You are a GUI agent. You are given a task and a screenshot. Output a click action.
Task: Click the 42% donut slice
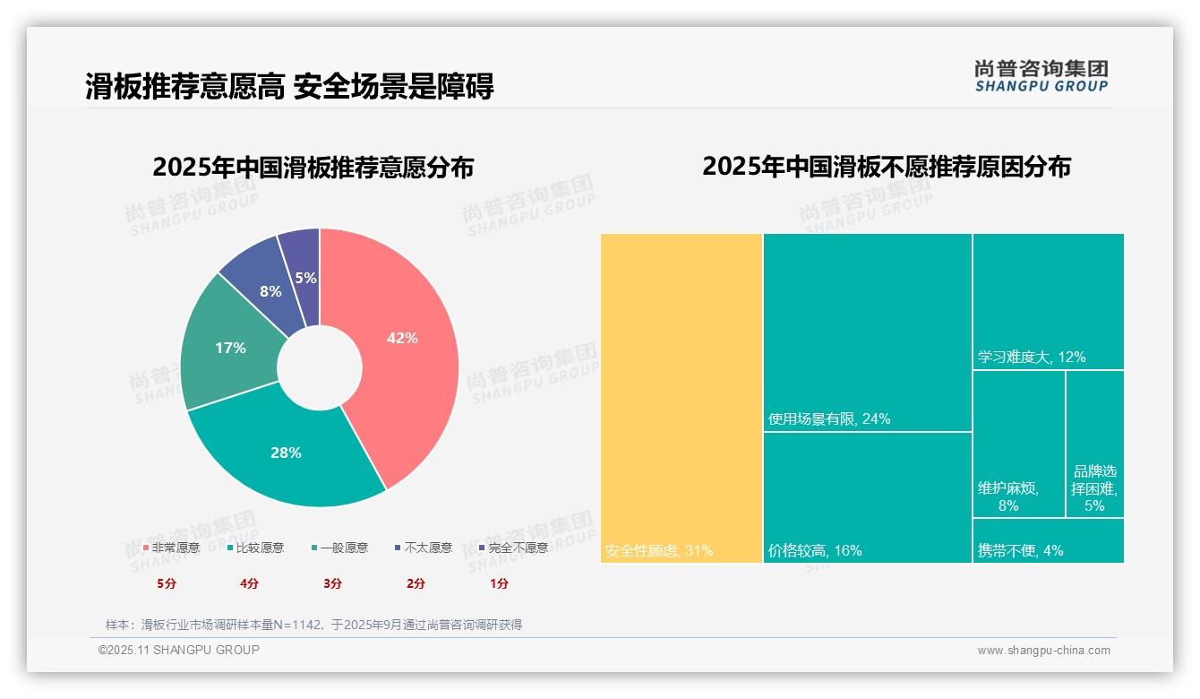click(403, 339)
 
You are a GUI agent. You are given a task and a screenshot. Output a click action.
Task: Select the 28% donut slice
click(287, 453)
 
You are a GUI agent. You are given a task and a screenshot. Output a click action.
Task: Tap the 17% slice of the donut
click(230, 348)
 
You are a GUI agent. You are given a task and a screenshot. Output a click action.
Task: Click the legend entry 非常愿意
click(171, 548)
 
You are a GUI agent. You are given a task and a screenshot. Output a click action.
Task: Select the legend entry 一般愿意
click(339, 548)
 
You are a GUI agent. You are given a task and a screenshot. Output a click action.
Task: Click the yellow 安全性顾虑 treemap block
click(681, 398)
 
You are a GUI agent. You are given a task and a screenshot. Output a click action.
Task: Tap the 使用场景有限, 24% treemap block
click(867, 332)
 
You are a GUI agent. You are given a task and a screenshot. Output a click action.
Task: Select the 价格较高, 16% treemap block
click(867, 497)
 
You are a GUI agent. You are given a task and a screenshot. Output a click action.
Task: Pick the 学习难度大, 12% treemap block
click(1048, 301)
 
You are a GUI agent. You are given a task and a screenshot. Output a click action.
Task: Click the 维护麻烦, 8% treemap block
click(1018, 444)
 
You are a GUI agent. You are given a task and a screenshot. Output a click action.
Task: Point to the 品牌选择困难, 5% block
click(1094, 444)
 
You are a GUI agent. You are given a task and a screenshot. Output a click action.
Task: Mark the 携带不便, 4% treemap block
click(1048, 541)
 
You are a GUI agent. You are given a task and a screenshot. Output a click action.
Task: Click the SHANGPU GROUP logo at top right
click(1041, 76)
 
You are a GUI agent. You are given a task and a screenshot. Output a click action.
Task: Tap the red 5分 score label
click(167, 583)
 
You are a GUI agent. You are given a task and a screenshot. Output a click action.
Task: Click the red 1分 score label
click(499, 583)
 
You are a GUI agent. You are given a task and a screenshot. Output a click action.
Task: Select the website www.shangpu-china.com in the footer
click(1043, 651)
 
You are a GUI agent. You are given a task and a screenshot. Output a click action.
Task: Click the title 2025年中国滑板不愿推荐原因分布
click(886, 167)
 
